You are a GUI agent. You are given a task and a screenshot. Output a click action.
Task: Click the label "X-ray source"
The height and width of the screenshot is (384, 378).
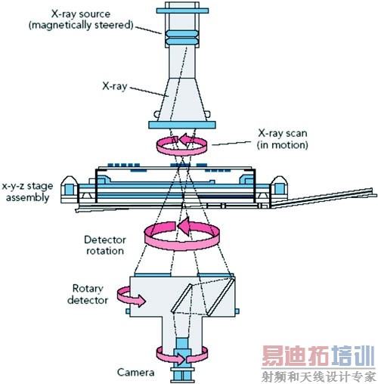tap(81, 14)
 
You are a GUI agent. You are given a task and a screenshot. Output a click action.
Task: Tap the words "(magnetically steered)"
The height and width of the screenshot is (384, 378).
tap(81, 25)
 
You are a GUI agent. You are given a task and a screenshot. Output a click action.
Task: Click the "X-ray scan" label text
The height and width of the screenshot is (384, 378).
tap(282, 133)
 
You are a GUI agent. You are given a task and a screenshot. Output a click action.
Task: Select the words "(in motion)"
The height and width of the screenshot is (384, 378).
tap(282, 145)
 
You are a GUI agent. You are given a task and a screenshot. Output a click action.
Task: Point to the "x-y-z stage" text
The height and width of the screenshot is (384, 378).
tap(27, 187)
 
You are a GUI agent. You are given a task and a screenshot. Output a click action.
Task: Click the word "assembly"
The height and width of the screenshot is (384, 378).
tap(27, 197)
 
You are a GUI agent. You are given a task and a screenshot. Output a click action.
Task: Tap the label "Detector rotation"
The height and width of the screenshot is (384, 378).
tap(105, 245)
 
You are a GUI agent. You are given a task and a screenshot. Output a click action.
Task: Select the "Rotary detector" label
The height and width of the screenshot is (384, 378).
tap(88, 294)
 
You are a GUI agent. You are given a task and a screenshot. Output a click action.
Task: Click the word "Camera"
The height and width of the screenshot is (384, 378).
tap(135, 372)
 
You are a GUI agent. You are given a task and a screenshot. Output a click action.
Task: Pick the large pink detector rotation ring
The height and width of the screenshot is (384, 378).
tap(182, 246)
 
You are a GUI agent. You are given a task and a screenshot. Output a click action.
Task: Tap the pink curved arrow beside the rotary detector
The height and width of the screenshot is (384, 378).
tap(131, 296)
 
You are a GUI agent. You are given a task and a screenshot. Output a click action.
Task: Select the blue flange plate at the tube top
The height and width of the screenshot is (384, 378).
tap(182, 11)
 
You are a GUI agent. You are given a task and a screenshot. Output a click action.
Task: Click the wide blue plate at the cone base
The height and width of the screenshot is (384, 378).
tap(182, 125)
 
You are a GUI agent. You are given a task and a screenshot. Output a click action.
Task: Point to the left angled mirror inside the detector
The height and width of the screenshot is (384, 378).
tap(181, 298)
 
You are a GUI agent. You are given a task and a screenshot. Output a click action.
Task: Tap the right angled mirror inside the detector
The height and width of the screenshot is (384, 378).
tap(222, 296)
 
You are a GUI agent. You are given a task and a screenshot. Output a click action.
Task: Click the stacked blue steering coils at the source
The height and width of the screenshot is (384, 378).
tap(182, 38)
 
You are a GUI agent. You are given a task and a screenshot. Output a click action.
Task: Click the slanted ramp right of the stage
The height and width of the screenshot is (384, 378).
tap(324, 198)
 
